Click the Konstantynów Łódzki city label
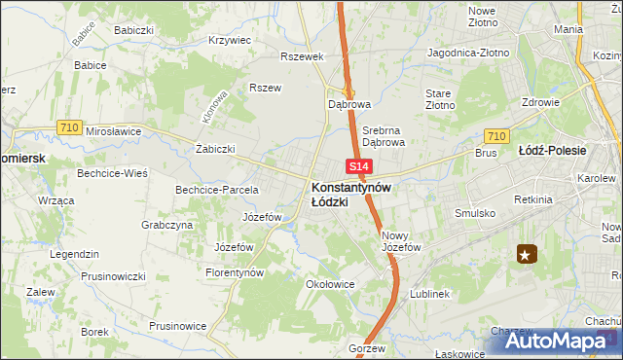(x=351, y=194)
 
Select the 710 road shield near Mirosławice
(x=68, y=126)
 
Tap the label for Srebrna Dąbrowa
(x=383, y=135)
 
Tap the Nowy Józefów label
(x=400, y=241)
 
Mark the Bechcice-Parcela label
(x=216, y=189)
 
